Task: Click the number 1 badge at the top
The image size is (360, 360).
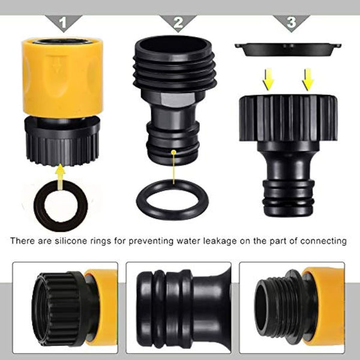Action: (63, 23)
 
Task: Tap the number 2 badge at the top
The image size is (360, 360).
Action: (178, 23)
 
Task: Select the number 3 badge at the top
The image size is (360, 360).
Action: (291, 23)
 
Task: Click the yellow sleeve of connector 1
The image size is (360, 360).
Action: (62, 78)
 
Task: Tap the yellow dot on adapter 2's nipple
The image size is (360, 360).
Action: (173, 153)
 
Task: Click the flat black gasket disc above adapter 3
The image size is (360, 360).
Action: (288, 49)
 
